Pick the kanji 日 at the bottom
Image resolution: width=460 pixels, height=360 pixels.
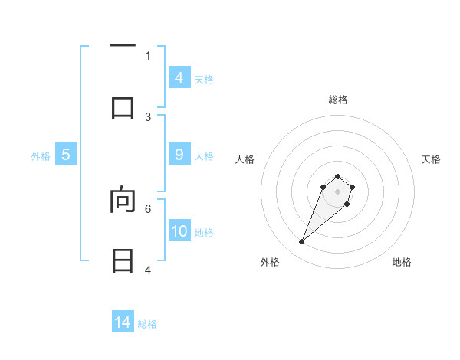[x=123, y=261]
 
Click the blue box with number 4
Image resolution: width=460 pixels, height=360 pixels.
[x=179, y=77]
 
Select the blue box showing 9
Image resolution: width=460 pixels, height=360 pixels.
[x=179, y=155]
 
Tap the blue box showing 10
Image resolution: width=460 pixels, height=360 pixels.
[x=179, y=231]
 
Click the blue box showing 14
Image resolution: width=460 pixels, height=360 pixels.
[x=123, y=322]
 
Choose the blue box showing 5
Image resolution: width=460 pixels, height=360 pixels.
[x=66, y=155]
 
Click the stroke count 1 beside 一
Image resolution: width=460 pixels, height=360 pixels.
[x=148, y=55]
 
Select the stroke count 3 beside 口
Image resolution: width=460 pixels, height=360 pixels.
[x=148, y=116]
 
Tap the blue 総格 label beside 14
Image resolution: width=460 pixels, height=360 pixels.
[x=148, y=324]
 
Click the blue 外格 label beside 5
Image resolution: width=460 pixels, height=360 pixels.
[x=41, y=156]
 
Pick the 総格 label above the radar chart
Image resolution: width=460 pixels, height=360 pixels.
[x=337, y=100]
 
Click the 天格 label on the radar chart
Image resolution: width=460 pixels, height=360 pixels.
[x=431, y=159]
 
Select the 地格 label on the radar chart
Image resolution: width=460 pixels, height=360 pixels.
[x=402, y=262]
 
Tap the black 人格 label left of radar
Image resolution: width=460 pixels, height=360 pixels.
[x=245, y=159]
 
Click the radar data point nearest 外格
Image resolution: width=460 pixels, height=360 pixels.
[x=301, y=242]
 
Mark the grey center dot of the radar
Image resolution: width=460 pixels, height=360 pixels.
[x=337, y=191]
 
